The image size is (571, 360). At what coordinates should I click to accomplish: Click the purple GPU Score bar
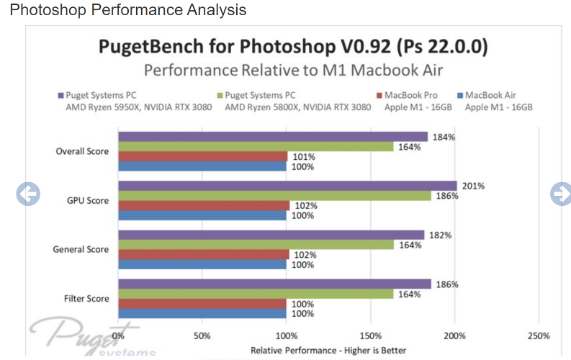[x=287, y=186]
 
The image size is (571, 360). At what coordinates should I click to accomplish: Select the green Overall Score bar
[x=256, y=147]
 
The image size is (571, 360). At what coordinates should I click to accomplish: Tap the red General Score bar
[x=203, y=254]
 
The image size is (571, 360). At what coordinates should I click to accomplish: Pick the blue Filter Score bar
[x=202, y=313]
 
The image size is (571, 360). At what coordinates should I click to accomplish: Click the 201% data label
[x=473, y=186]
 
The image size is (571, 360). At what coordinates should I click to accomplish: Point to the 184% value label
[x=444, y=137]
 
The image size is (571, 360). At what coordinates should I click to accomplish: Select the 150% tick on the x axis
[x=370, y=336]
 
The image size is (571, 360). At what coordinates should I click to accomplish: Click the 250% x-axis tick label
[x=538, y=336]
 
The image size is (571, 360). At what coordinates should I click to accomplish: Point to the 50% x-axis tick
[x=202, y=336]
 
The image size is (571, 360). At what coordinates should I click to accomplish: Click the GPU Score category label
[x=86, y=201]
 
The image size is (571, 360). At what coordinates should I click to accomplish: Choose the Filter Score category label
[x=85, y=299]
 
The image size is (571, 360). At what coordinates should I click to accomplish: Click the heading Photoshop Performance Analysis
[x=127, y=10]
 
